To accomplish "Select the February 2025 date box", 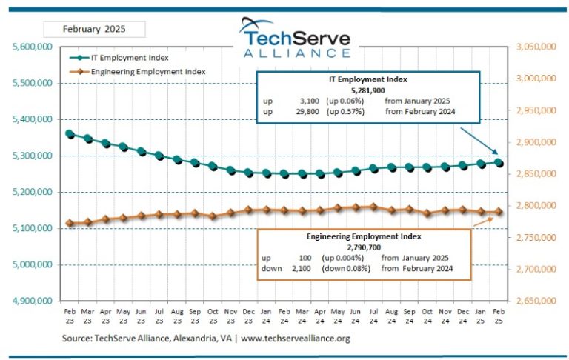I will pyautogui.click(x=93, y=30).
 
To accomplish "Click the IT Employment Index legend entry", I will pyautogui.click(x=130, y=57).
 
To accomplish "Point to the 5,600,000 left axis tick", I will pyautogui.click(x=32, y=47).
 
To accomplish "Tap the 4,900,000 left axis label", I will pyautogui.click(x=32, y=301).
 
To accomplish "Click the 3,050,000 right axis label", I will pyautogui.click(x=536, y=47).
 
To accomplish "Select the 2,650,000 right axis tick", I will pyautogui.click(x=536, y=301).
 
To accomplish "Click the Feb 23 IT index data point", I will pyautogui.click(x=70, y=134).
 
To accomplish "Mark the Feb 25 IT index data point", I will pyautogui.click(x=499, y=162).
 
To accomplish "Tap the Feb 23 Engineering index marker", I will pyautogui.click(x=70, y=223).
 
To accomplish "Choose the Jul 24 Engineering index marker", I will pyautogui.click(x=373, y=207).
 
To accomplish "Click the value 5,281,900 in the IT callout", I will pyautogui.click(x=368, y=90).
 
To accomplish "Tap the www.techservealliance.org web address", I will pyautogui.click(x=296, y=339).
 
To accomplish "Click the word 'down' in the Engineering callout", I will pyautogui.click(x=272, y=268).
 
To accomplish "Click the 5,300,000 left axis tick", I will pyautogui.click(x=32, y=156).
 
